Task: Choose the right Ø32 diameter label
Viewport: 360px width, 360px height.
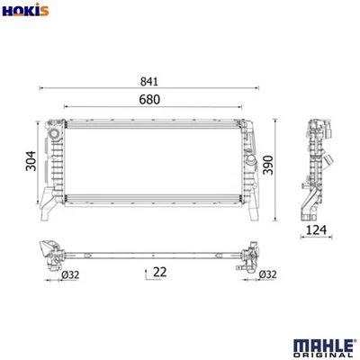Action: click(x=266, y=275)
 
